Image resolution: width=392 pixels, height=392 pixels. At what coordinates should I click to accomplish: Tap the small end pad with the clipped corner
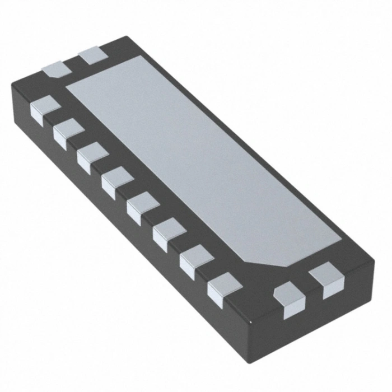click(57, 69)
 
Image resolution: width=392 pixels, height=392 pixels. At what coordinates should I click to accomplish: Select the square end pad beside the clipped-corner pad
click(93, 56)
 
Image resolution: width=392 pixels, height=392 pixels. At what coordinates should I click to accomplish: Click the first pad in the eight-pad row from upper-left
click(45, 108)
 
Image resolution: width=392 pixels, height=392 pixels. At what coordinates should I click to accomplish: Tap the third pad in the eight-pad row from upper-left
click(92, 156)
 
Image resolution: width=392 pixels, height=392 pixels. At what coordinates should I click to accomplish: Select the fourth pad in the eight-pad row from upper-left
click(117, 180)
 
